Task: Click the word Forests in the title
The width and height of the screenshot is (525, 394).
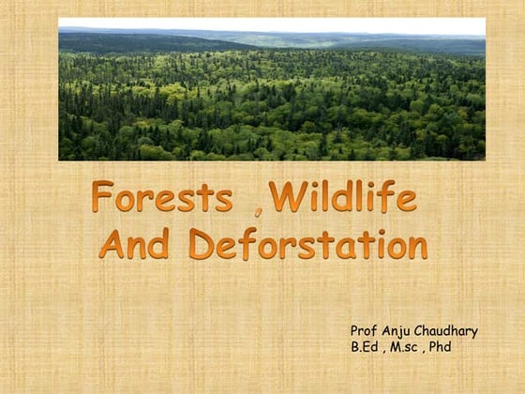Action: pos(162,198)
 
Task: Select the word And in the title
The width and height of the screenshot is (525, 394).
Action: pos(134,244)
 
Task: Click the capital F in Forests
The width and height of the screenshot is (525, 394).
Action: pos(102,198)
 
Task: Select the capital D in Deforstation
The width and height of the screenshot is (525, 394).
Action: pos(202,244)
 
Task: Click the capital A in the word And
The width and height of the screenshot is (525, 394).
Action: pos(112,244)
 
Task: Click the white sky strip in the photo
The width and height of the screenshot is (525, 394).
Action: pos(272,25)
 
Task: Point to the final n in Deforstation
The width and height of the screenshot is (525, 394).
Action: pos(416,247)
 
